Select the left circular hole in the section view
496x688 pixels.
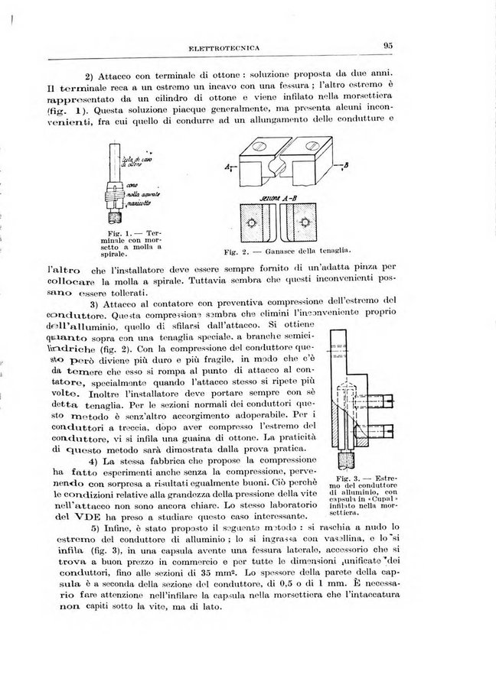250,222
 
